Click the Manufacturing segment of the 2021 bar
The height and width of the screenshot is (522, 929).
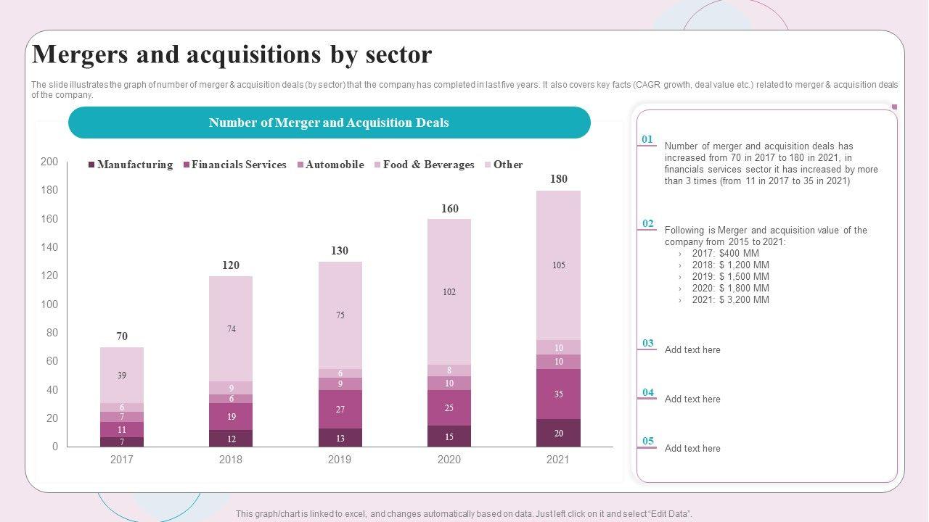coord(558,433)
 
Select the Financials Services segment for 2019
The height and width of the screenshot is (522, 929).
coord(340,409)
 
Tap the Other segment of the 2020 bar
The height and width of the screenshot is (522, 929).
coord(449,291)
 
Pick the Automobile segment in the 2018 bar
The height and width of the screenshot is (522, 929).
coord(231,399)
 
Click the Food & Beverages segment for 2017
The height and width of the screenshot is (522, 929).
coord(122,407)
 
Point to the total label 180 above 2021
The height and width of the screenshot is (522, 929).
coord(558,179)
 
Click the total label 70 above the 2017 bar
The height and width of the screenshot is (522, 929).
coord(122,336)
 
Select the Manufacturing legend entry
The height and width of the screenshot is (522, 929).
coord(131,165)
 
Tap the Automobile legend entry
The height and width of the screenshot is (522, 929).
coord(330,165)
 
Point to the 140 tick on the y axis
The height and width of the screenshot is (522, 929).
coord(49,247)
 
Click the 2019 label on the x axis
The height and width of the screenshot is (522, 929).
coord(340,460)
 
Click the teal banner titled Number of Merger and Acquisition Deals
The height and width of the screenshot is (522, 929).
coord(329,123)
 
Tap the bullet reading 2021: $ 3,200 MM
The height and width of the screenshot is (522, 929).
coord(730,299)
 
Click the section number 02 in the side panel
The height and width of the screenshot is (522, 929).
coord(647,223)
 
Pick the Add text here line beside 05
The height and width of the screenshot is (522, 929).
coord(692,448)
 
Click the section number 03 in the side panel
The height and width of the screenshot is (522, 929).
coord(647,343)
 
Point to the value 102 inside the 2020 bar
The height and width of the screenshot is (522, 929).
coord(449,292)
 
